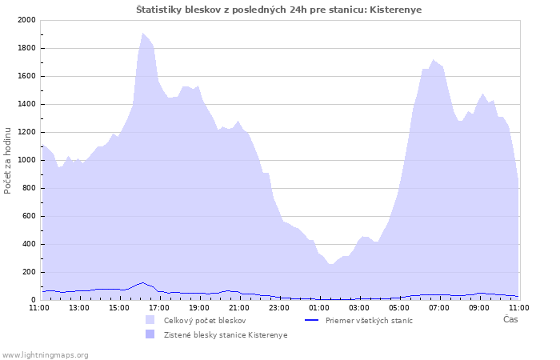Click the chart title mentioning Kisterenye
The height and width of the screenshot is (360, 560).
click(278, 10)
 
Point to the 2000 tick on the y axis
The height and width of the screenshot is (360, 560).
click(26, 20)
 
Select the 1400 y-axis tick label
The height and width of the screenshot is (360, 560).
click(26, 104)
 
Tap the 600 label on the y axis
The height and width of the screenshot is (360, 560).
click(29, 216)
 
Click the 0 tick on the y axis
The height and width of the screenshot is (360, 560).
click(34, 300)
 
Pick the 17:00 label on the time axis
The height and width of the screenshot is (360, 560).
click(159, 308)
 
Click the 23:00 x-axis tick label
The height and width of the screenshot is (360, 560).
click(279, 308)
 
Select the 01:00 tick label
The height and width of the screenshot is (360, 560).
click(319, 308)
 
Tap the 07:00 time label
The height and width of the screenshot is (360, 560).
click(439, 308)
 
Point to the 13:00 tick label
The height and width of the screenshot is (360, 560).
click(79, 308)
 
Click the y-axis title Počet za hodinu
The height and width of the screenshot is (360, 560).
click(7, 161)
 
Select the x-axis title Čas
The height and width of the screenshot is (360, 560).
click(510, 319)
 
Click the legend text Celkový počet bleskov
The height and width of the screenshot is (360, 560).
click(205, 321)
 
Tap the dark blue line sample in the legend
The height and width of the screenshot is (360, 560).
click(311, 320)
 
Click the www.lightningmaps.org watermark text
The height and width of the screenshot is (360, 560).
click(45, 355)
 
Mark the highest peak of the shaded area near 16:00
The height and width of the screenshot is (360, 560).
click(143, 34)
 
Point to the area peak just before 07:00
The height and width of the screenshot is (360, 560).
click(433, 60)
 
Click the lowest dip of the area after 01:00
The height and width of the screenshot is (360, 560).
click(330, 264)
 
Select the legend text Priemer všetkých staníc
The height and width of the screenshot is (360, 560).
click(369, 321)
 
